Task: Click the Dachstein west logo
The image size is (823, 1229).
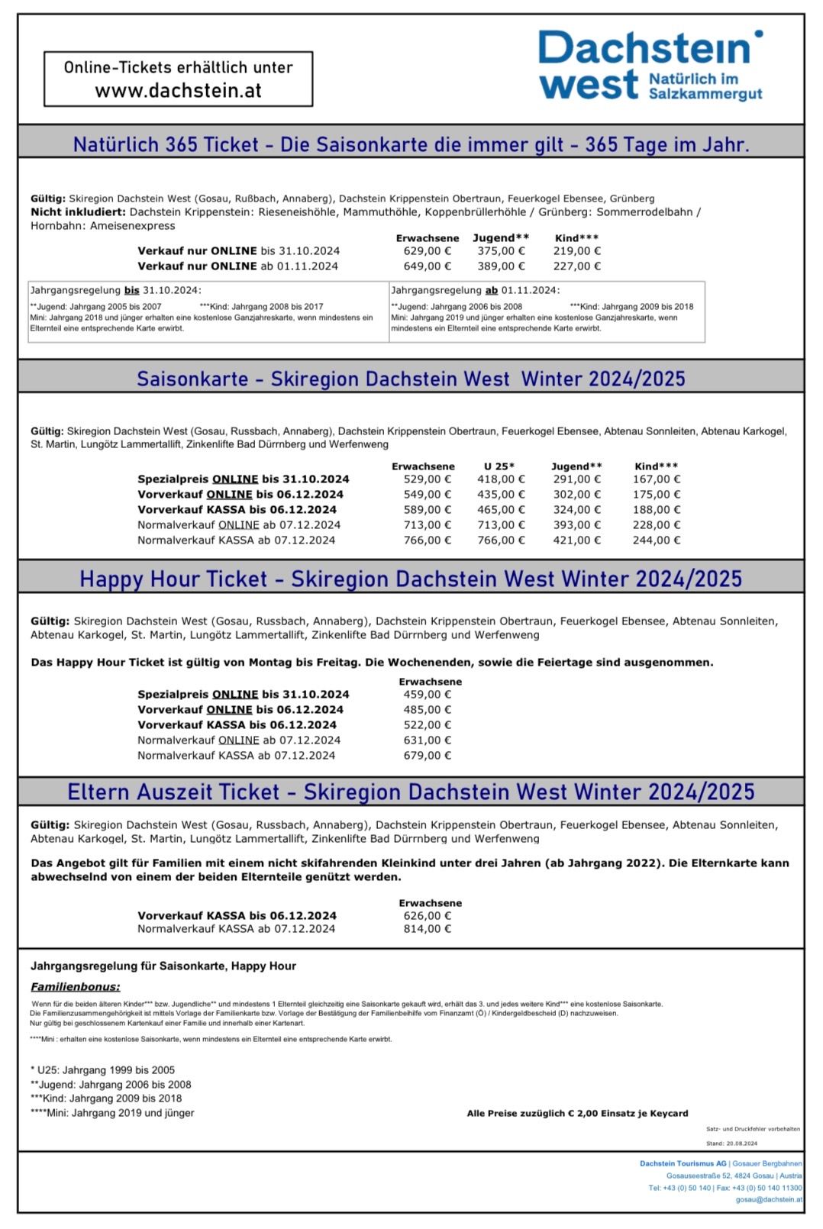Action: (x=650, y=66)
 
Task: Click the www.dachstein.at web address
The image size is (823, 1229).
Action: (x=178, y=91)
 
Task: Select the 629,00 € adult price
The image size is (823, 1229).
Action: (x=427, y=251)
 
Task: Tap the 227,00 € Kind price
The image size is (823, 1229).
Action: (x=576, y=266)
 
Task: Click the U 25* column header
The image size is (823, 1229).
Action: (x=499, y=466)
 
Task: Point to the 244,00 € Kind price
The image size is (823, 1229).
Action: (x=657, y=540)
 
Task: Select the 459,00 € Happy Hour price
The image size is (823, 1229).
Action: (x=427, y=695)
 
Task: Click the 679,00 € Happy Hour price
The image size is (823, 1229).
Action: (x=427, y=756)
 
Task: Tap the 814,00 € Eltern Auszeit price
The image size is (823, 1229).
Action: (x=427, y=929)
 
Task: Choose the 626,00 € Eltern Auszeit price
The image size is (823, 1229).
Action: (x=427, y=915)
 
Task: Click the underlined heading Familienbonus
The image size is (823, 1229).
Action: (x=75, y=987)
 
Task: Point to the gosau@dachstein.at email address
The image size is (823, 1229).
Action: (x=768, y=1199)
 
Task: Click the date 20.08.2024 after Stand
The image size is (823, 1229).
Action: (x=741, y=1144)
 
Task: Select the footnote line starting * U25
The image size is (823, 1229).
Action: (x=102, y=1070)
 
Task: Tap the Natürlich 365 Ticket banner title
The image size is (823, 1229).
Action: (x=411, y=144)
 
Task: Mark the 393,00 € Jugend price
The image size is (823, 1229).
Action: (x=576, y=525)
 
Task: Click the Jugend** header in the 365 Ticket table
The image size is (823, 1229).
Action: (x=500, y=238)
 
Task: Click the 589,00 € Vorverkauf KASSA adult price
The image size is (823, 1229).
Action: (x=427, y=510)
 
